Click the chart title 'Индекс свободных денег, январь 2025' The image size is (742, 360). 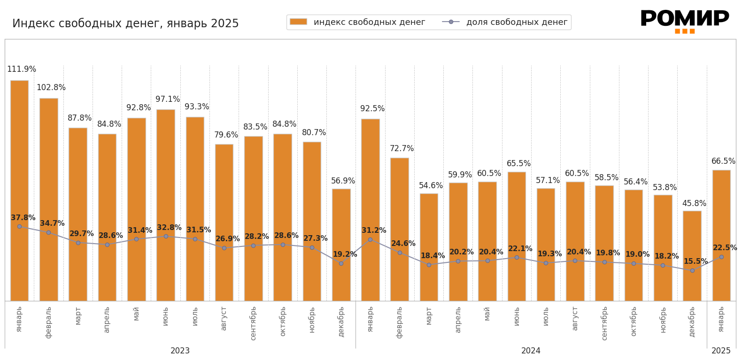125,23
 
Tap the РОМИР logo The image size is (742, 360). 684,21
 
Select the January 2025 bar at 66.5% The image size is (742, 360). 721,235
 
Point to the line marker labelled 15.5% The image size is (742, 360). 692,270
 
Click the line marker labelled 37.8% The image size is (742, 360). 19,226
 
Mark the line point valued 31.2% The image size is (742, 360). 370,239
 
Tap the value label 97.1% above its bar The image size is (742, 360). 168,100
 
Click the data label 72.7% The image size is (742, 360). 402,149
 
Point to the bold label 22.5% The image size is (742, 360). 725,248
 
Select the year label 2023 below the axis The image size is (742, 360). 180,351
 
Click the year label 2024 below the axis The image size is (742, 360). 531,351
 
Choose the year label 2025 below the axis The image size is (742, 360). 721,351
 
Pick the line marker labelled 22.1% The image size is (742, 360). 517,257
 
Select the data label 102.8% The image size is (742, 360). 51,88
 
